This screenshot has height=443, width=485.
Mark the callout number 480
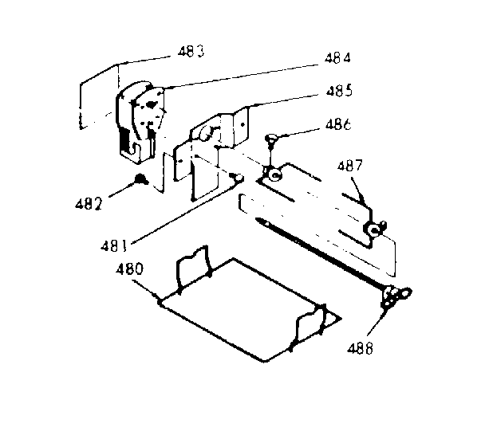click(x=128, y=269)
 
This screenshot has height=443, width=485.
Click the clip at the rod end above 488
click(x=394, y=296)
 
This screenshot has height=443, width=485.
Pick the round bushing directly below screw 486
click(x=274, y=172)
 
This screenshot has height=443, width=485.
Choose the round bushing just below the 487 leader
click(x=373, y=229)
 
